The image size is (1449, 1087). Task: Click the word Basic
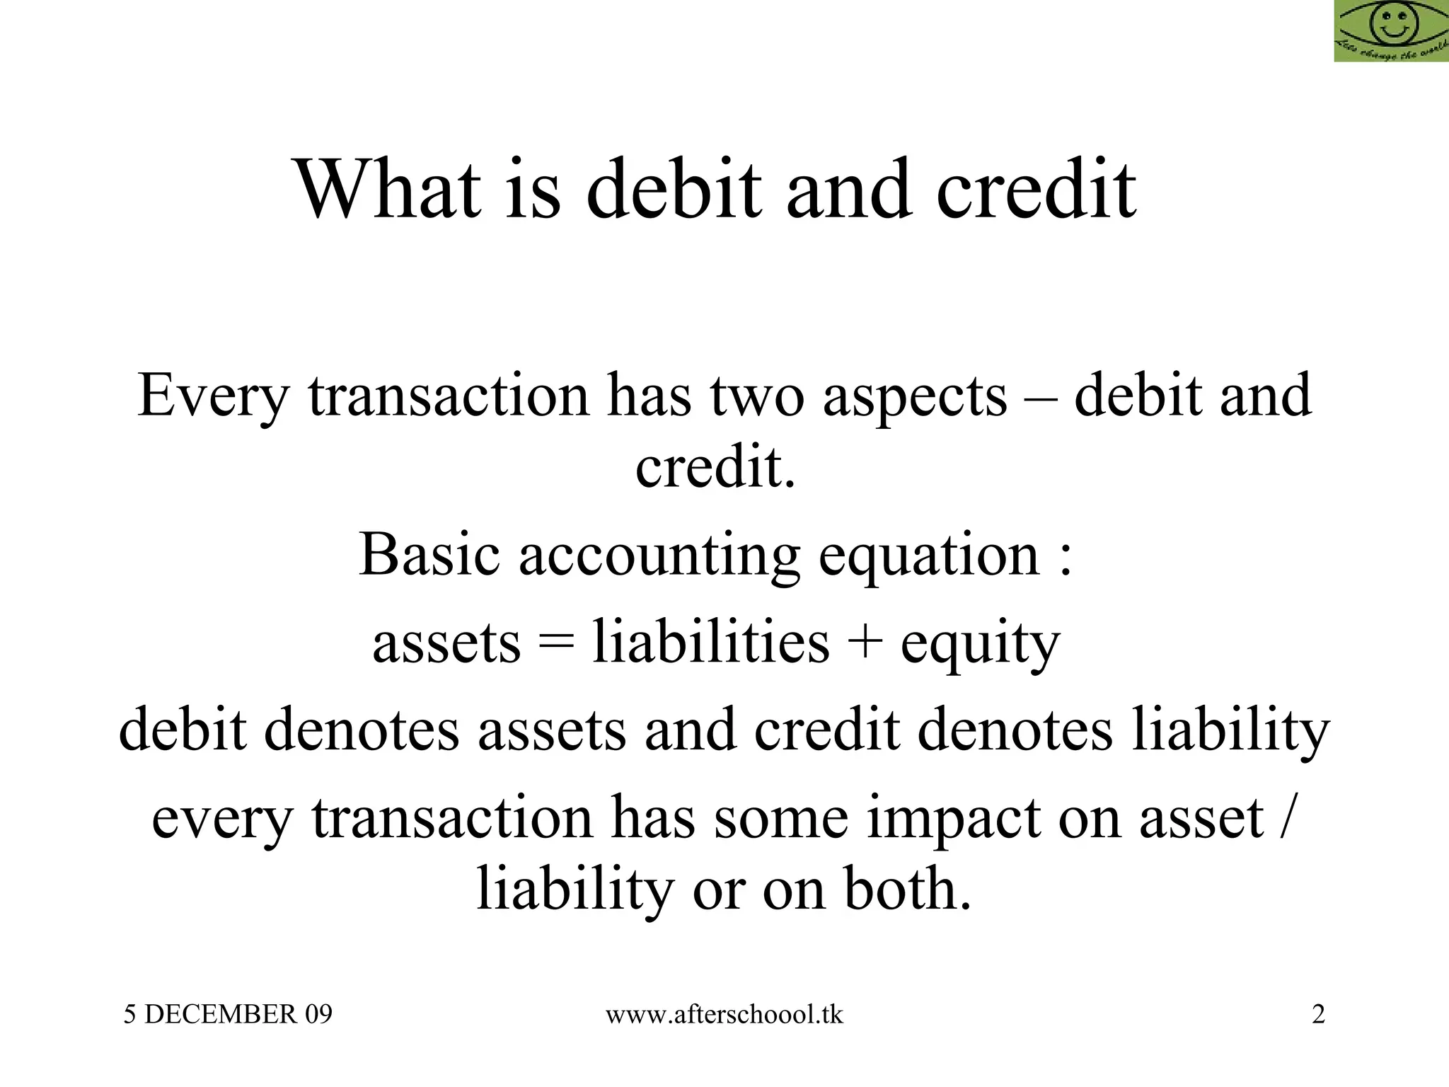point(429,554)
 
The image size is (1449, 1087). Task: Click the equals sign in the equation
point(556,643)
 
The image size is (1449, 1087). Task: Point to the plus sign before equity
point(865,643)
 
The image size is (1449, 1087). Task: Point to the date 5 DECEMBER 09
point(228,1014)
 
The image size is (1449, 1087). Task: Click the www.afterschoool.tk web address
point(724,1014)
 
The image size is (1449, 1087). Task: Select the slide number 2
point(1318,1014)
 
